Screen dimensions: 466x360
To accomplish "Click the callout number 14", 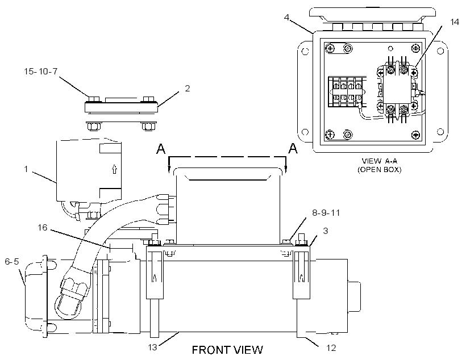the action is point(455,22).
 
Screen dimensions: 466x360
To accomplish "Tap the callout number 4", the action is point(286,17).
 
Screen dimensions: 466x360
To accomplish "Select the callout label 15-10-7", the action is point(41,72).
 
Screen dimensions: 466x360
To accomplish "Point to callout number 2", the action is point(187,88).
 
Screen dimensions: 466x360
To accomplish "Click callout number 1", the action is point(26,169).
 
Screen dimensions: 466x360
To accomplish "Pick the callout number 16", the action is point(43,228).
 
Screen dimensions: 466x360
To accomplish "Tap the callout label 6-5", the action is point(12,261).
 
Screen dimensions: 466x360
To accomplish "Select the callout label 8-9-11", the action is point(326,213).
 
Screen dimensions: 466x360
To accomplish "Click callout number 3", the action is point(326,231).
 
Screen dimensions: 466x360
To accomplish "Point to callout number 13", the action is point(152,348).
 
